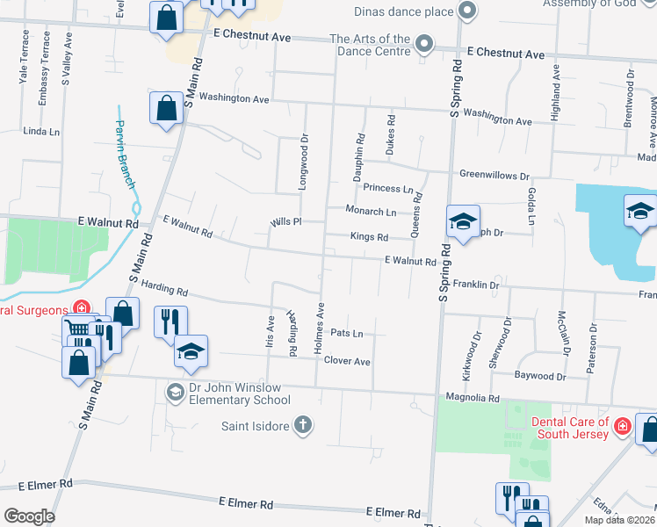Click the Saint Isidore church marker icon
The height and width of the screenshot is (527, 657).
[x=302, y=425]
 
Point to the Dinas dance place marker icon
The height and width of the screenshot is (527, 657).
[x=467, y=11]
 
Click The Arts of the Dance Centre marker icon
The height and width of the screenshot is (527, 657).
[x=424, y=44]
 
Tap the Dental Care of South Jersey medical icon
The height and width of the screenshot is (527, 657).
[x=622, y=426]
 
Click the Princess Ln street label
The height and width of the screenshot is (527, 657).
[x=388, y=189]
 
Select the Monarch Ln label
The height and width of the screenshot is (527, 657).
[x=371, y=212]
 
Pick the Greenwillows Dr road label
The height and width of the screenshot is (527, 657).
[x=495, y=176]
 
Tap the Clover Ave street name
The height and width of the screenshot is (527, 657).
[x=347, y=361]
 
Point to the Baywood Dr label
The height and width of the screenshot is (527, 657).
[x=540, y=376]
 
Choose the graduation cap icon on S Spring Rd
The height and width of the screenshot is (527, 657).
[x=462, y=222]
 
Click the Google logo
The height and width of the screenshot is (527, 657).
[x=28, y=516]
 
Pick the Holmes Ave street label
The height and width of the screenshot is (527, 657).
[x=320, y=328]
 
